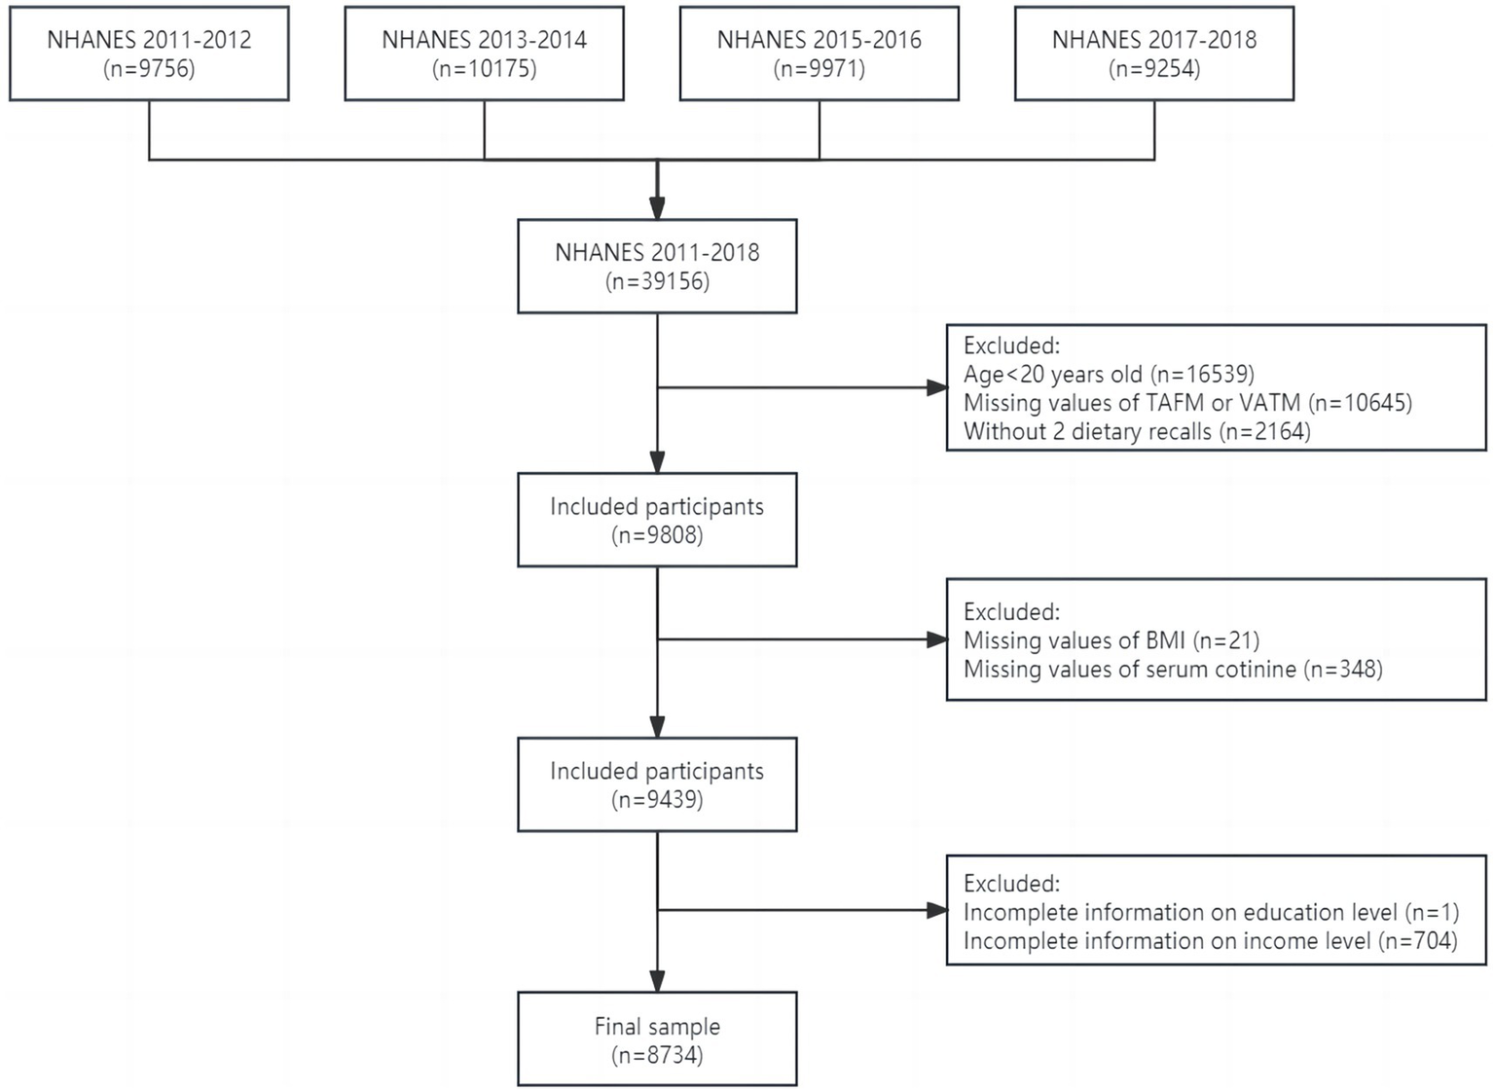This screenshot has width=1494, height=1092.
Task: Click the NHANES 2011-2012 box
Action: pyautogui.click(x=149, y=54)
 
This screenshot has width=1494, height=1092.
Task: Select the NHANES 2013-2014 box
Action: pyautogui.click(x=484, y=54)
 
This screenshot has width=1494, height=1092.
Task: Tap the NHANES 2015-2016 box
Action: pyautogui.click(x=819, y=54)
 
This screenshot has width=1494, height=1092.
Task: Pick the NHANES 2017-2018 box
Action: pyautogui.click(x=1153, y=54)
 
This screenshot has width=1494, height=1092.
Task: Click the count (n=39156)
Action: pyautogui.click(x=657, y=282)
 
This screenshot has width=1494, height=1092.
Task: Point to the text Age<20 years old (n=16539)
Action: pyautogui.click(x=1109, y=375)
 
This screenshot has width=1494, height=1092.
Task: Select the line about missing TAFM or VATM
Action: pyautogui.click(x=1187, y=403)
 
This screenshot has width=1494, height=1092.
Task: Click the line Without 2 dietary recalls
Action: pyautogui.click(x=1137, y=431)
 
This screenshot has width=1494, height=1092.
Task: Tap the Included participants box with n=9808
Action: pyautogui.click(x=657, y=520)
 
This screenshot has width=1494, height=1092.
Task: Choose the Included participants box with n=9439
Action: pyautogui.click(x=657, y=784)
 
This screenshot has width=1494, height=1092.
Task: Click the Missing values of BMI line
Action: pyautogui.click(x=1111, y=640)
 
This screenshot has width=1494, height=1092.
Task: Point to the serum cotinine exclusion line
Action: pyautogui.click(x=1173, y=670)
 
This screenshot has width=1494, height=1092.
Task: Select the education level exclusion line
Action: pyautogui.click(x=1211, y=913)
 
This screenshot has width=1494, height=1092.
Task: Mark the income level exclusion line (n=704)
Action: pyautogui.click(x=1210, y=941)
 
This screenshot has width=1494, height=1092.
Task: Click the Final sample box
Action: pyautogui.click(x=657, y=1038)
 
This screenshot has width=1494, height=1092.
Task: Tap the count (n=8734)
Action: pyautogui.click(x=657, y=1055)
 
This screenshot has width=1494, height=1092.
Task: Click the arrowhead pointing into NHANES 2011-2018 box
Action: pyautogui.click(x=657, y=208)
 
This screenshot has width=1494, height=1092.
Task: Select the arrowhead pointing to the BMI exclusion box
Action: pyautogui.click(x=936, y=639)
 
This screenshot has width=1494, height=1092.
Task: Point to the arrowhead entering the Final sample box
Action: pyautogui.click(x=657, y=981)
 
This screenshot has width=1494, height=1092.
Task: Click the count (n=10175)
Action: pyautogui.click(x=484, y=69)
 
